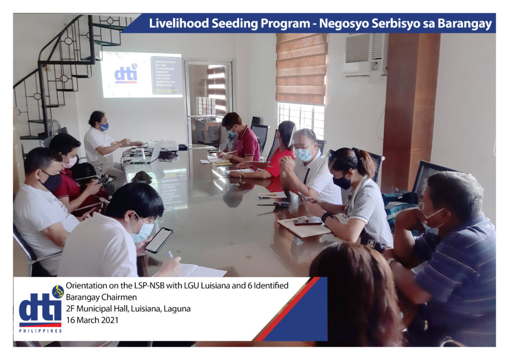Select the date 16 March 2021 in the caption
(x=92, y=320)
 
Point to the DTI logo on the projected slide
(x=126, y=75)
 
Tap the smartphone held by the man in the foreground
(x=159, y=240)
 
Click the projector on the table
(x=168, y=146)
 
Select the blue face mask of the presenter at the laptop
(x=104, y=127)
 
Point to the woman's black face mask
(x=342, y=182)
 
